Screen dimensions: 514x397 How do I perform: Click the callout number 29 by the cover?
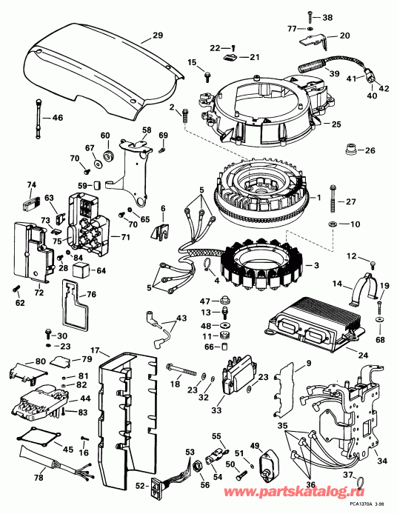click(157, 36)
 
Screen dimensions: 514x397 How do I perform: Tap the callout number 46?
click(57, 118)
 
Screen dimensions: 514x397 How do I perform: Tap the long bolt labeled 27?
click(333, 202)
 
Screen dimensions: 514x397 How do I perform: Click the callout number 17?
click(96, 350)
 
